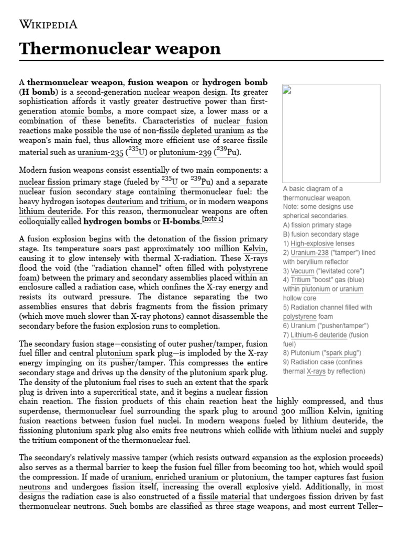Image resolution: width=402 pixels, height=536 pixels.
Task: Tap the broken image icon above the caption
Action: click(286, 89)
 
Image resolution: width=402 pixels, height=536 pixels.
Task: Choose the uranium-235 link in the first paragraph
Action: click(100, 152)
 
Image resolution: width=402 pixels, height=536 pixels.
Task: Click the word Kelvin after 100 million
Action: click(255, 249)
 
